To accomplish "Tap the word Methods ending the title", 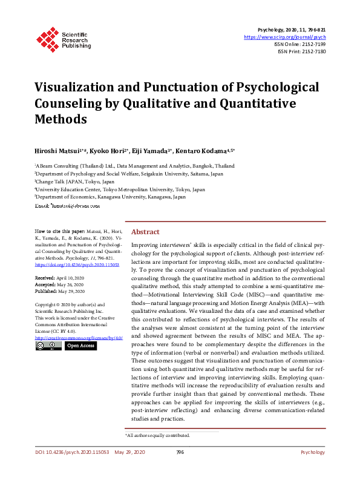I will tap(60, 119).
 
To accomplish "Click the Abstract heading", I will tap(145, 232).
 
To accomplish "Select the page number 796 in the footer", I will tap(180, 452).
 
